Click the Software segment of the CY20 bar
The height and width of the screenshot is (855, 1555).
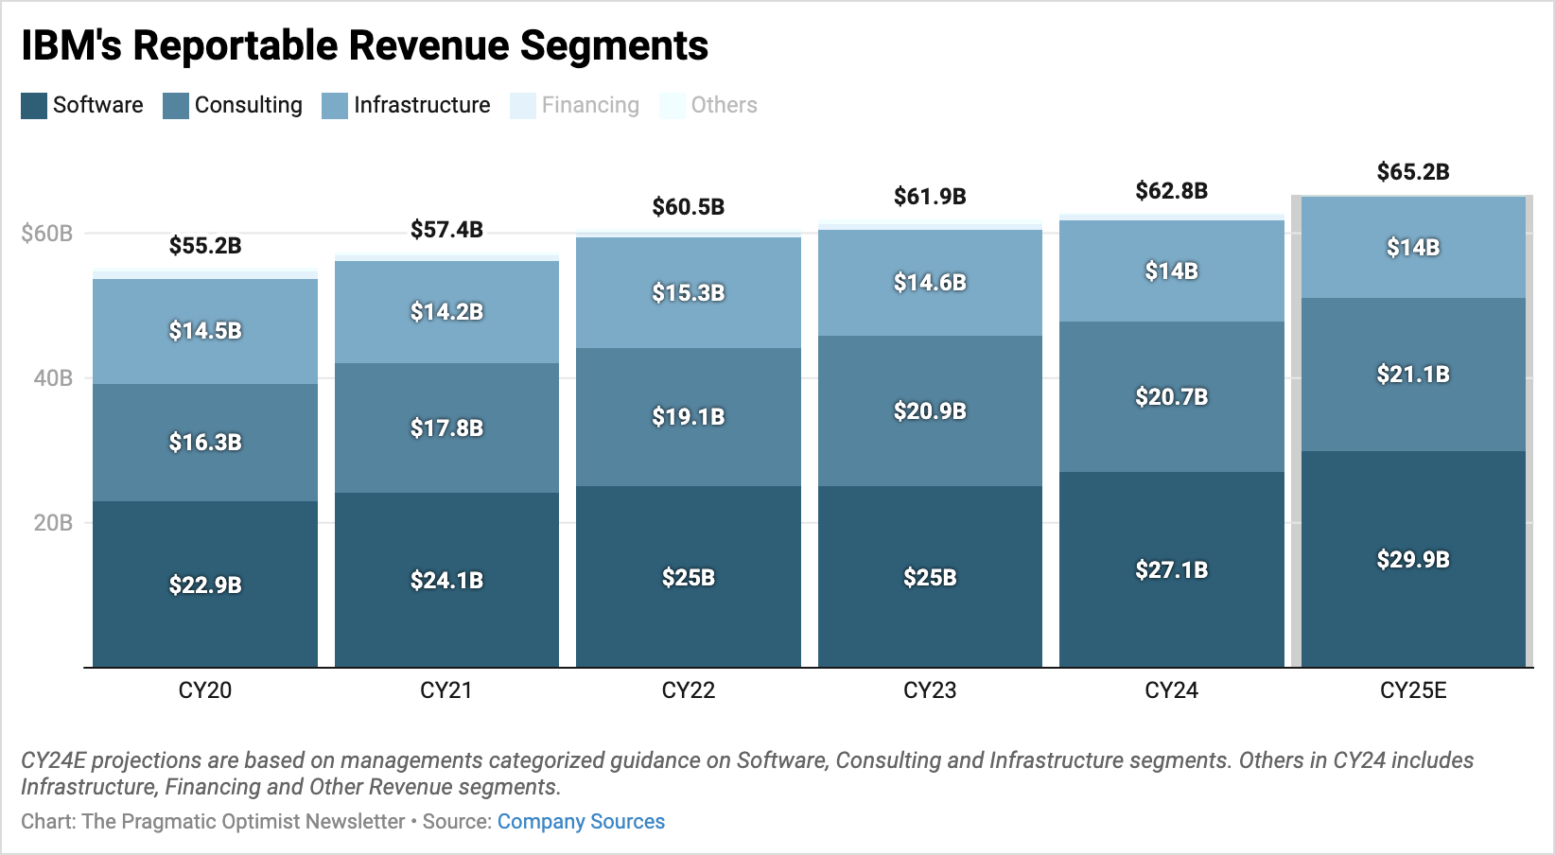pyautogui.click(x=204, y=585)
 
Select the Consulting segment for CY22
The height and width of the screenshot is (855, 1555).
pyautogui.click(x=688, y=416)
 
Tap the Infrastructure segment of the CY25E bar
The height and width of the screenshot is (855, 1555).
pyautogui.click(x=1413, y=248)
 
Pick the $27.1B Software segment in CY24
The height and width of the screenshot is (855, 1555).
pyautogui.click(x=1171, y=569)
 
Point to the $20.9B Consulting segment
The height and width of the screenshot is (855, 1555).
pyautogui.click(x=930, y=410)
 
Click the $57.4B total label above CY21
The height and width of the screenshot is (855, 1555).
pyautogui.click(x=446, y=230)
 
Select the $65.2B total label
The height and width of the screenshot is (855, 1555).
pyautogui.click(x=1413, y=172)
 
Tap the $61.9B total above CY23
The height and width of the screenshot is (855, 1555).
pyautogui.click(x=930, y=197)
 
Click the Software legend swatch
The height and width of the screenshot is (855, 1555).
pyautogui.click(x=34, y=106)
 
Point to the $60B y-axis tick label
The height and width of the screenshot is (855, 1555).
pyautogui.click(x=47, y=234)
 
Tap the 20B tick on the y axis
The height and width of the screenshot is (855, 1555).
pyautogui.click(x=53, y=523)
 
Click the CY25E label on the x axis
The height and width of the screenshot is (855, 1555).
pyautogui.click(x=1413, y=690)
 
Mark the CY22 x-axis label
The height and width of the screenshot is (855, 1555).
pyautogui.click(x=688, y=690)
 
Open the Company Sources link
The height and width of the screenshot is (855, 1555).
pyautogui.click(x=581, y=822)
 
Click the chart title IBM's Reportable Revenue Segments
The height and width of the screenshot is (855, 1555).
pyautogui.click(x=364, y=45)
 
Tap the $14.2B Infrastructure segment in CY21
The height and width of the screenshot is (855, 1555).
pyautogui.click(x=446, y=311)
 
